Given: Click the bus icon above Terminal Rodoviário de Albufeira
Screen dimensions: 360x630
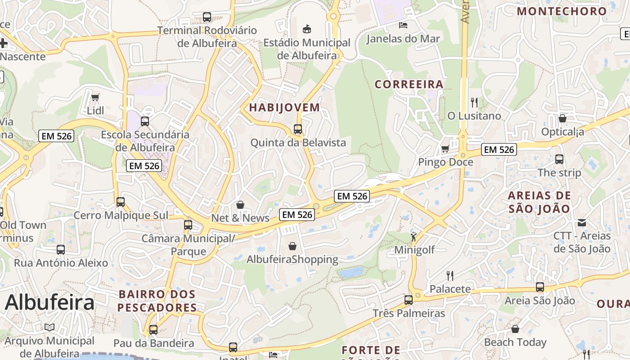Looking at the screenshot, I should point(207,17).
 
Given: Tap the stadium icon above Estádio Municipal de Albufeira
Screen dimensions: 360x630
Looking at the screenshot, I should point(307,29).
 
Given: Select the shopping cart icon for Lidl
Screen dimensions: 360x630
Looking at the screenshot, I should point(95,97).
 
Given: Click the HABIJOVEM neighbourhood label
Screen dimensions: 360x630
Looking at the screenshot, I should point(284,108).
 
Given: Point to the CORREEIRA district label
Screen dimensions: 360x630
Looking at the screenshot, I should point(409,84).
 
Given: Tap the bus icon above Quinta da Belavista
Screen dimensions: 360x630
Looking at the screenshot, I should point(298,129).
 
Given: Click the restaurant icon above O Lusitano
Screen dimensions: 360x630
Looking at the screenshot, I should point(474,102).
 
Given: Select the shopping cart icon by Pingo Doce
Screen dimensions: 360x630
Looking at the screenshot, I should point(445,148).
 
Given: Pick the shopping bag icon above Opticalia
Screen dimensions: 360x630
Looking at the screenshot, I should point(562,118).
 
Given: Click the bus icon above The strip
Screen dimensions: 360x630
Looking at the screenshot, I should point(559,159).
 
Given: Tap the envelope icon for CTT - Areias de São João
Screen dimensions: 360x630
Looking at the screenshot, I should point(582,222).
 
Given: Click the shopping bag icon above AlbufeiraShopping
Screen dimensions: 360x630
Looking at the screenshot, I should point(292,246).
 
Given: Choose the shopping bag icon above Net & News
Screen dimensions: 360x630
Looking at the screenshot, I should point(240,205).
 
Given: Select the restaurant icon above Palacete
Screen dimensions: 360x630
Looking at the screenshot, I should point(450,275).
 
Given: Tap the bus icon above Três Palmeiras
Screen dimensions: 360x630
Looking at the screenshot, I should point(409,300).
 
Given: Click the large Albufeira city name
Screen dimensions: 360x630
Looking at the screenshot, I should point(49,302).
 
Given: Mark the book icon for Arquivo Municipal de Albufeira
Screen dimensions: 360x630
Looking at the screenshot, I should point(49,328).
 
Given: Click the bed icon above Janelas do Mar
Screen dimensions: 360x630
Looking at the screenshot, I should point(403,25).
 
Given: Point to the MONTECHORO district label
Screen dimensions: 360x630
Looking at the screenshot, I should point(562,11).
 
